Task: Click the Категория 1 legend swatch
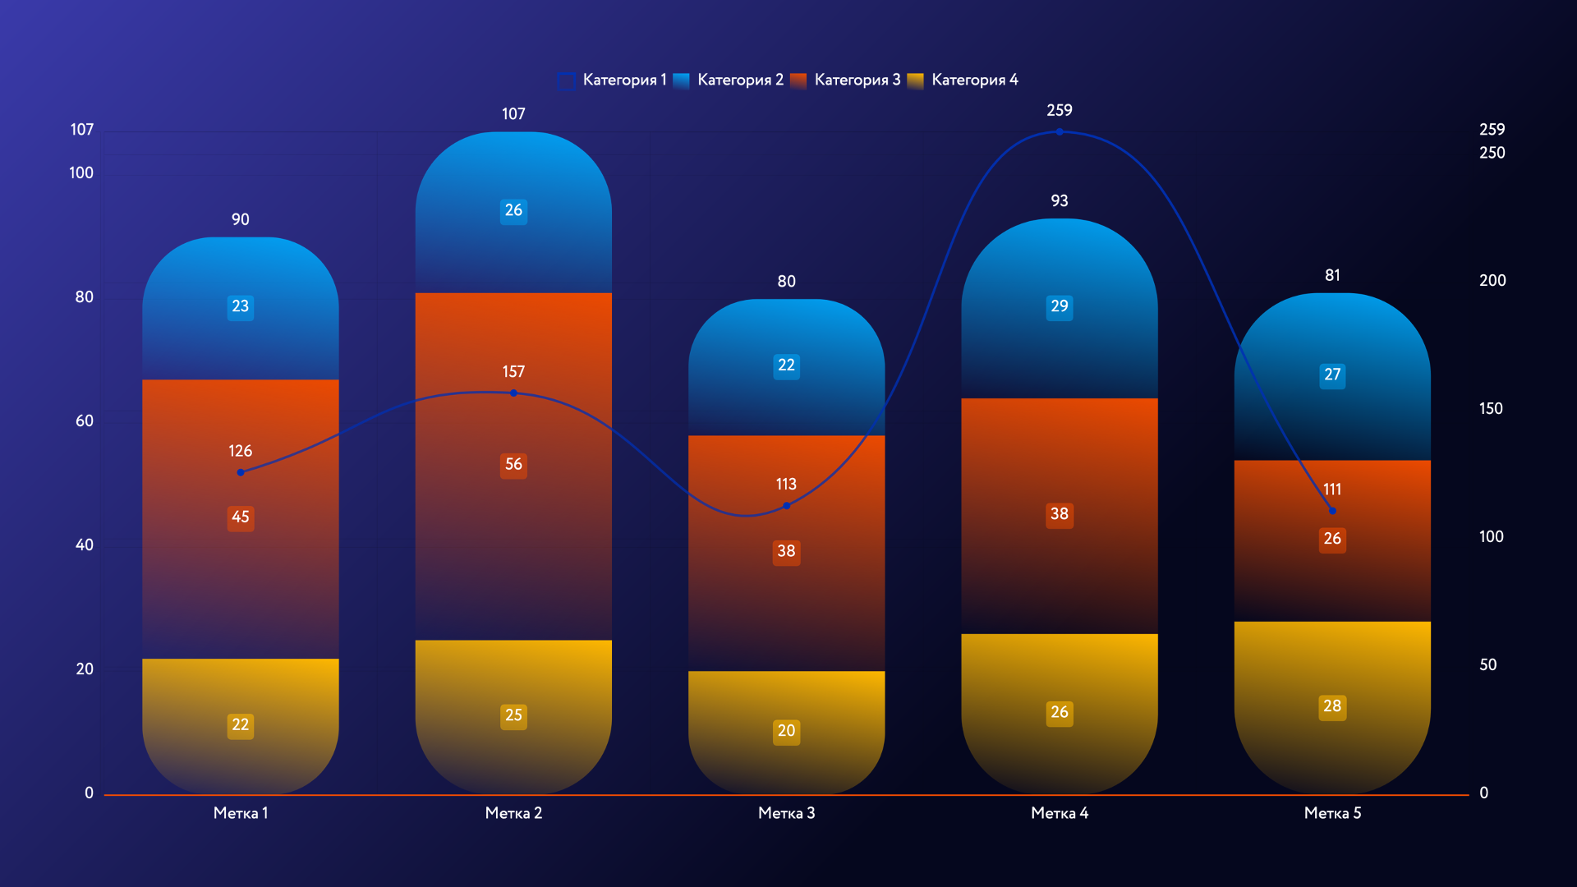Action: click(x=566, y=80)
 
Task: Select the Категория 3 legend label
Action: click(x=857, y=80)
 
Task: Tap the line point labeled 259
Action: click(x=1059, y=131)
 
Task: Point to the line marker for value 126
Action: click(x=241, y=472)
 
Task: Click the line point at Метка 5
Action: click(x=1332, y=511)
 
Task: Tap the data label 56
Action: click(x=513, y=465)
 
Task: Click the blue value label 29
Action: click(x=1059, y=306)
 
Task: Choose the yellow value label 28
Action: click(x=1332, y=706)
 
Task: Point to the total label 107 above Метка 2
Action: click(x=513, y=114)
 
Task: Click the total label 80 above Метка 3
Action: click(x=786, y=282)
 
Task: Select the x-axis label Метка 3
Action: click(x=786, y=813)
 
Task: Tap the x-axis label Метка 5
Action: click(x=1332, y=813)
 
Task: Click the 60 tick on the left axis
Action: click(x=85, y=421)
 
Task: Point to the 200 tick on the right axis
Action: click(x=1492, y=281)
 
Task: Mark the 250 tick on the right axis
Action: click(x=1492, y=153)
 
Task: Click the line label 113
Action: click(x=786, y=485)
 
